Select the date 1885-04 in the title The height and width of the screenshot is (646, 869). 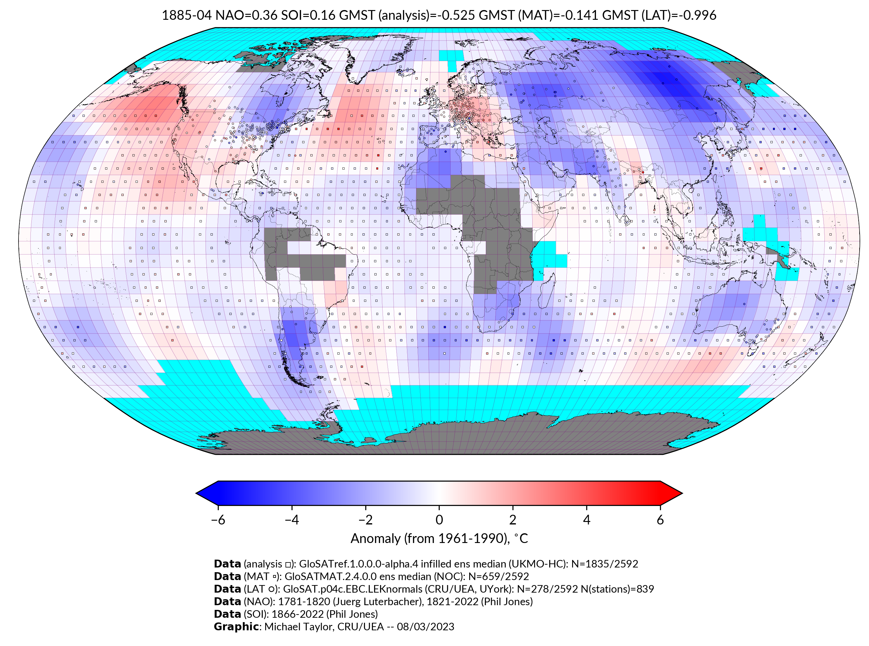187,15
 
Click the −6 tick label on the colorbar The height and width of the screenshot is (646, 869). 218,520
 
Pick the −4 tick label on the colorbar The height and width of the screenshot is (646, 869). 292,520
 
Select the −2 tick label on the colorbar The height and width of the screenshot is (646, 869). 365,520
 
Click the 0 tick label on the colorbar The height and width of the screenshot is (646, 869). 439,520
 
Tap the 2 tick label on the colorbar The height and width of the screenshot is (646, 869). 513,520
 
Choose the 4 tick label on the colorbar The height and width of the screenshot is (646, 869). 587,520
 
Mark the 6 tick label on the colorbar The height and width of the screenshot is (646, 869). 660,520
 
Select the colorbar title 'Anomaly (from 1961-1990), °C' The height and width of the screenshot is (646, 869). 439,539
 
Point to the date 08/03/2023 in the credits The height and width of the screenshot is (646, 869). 426,627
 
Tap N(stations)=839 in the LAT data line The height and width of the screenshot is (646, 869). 617,589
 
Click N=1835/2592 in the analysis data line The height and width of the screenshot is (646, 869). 604,564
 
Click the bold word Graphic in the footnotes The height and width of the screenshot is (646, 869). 236,627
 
